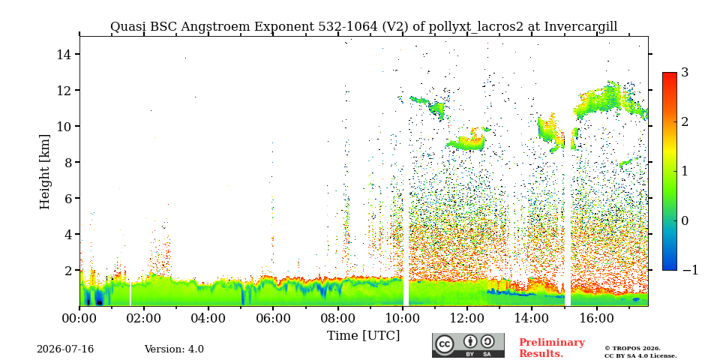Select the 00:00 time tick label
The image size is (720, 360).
[79, 318]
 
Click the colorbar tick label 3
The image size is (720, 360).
[685, 72]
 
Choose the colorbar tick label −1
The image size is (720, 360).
[690, 270]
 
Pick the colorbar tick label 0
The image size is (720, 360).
[685, 220]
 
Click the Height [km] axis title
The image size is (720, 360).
[44, 172]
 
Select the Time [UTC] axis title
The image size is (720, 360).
[363, 336]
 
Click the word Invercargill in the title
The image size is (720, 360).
[580, 27]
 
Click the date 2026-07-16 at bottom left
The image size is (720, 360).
[65, 349]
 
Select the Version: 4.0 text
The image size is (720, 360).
[174, 349]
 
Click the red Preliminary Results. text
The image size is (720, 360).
[552, 348]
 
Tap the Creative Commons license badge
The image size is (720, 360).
[468, 345]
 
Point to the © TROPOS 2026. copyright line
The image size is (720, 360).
[632, 349]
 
